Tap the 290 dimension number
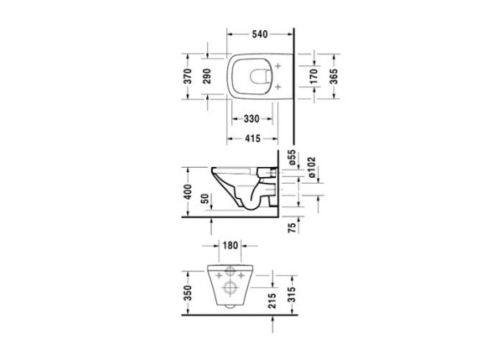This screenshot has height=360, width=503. pyautogui.click(x=209, y=78)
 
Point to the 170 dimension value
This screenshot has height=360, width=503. pyautogui.click(x=314, y=78)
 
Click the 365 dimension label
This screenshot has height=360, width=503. pyautogui.click(x=334, y=78)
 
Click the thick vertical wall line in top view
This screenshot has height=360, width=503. pyautogui.click(x=293, y=84)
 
